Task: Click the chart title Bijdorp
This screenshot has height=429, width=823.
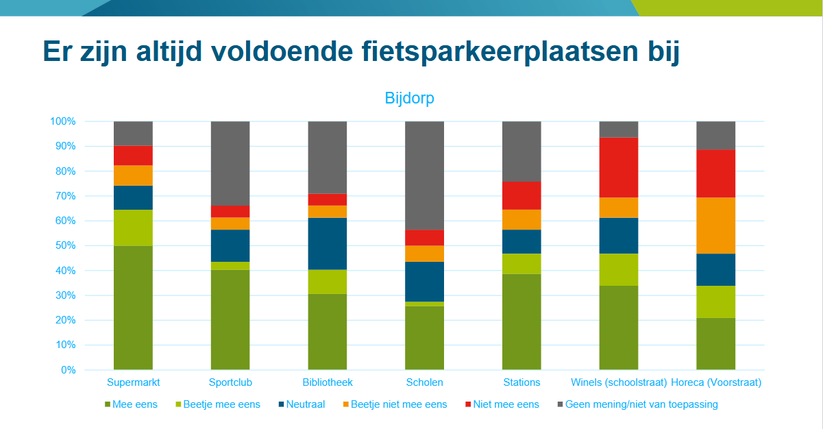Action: [409, 98]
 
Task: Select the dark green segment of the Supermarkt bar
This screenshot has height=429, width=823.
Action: [133, 308]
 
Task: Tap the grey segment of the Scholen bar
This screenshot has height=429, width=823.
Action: [425, 175]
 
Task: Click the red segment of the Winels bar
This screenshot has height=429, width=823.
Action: [619, 167]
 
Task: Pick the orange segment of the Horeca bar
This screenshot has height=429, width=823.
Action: [716, 225]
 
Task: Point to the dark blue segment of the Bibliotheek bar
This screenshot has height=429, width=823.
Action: [328, 243]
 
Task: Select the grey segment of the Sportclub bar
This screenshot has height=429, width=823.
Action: [230, 163]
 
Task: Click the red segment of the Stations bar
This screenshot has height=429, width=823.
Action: [521, 195]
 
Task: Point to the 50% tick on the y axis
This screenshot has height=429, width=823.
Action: [62, 246]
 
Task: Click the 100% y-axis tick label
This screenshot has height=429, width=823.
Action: [62, 121]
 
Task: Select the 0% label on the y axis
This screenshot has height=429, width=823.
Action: [67, 370]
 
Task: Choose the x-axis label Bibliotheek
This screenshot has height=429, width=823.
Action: [328, 382]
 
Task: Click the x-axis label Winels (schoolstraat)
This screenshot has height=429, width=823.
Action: [619, 382]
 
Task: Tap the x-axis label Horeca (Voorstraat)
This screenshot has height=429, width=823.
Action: [716, 382]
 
